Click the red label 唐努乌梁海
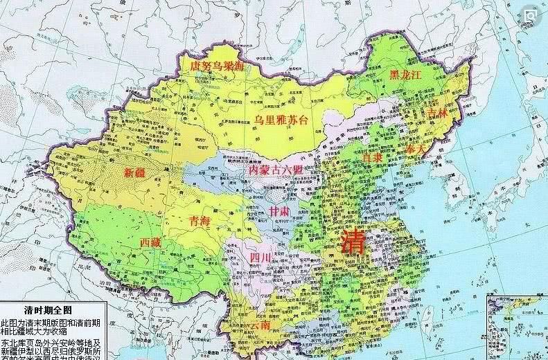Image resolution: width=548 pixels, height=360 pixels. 217,65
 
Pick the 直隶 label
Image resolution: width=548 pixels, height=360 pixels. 373,159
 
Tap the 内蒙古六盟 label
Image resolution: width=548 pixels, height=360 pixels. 275,170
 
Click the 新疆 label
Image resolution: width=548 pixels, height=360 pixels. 135,172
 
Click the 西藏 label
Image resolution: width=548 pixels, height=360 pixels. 152,243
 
